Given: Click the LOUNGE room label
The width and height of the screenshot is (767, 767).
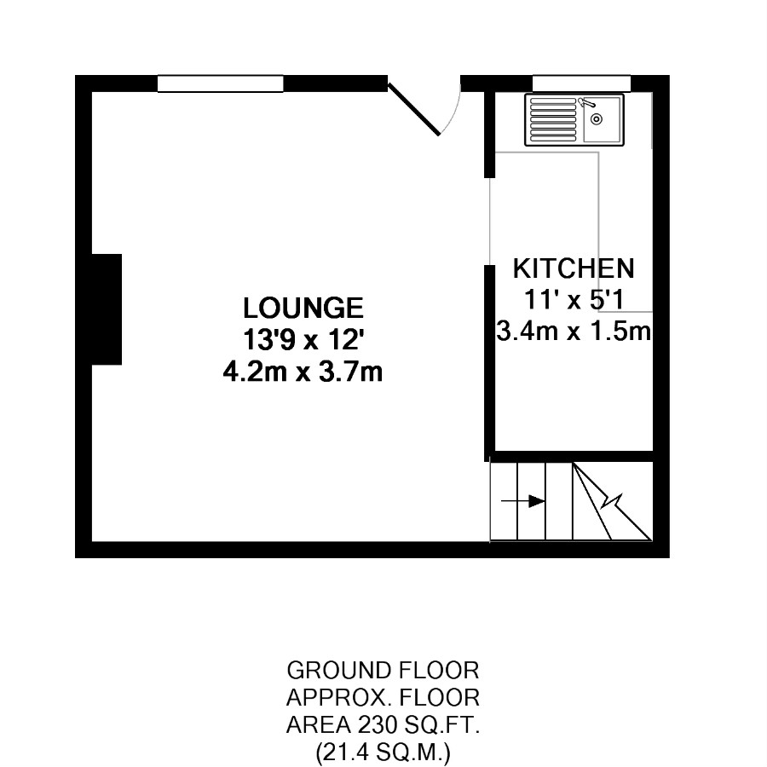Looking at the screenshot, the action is pos(303,309).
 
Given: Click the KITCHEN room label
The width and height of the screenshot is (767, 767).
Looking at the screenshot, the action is pos(574,268).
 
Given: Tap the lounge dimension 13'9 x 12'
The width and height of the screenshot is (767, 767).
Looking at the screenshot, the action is pos(303,340).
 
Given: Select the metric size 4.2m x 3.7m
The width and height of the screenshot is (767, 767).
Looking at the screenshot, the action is pos(303,372).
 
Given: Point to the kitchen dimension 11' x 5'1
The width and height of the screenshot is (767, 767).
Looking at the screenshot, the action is pos(574,299).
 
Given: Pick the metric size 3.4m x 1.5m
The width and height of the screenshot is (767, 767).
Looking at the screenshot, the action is pos(574,332).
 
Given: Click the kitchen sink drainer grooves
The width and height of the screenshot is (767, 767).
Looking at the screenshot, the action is pos(553,119).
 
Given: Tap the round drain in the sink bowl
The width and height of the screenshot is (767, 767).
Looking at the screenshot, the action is pos(597,118).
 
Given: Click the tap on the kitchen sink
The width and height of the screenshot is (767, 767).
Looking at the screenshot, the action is pos(586,103).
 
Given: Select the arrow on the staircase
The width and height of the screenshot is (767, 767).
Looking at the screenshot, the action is pos(523,501).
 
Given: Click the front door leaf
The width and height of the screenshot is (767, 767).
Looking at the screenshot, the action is pos(414,109).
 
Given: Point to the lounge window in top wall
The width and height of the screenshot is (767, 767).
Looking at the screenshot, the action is pos(220,84).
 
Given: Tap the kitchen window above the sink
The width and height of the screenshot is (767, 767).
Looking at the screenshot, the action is pos(581,84).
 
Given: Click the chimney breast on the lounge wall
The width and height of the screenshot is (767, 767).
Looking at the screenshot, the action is pos(107,309).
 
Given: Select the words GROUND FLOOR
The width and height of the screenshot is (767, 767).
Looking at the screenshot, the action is pos(383,671).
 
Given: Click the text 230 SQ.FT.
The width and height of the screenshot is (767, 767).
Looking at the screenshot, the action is pos(418,725).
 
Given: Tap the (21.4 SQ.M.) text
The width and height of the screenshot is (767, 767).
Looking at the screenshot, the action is pos(383,753).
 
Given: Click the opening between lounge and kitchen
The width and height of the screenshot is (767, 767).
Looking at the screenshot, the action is pos(490,222).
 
